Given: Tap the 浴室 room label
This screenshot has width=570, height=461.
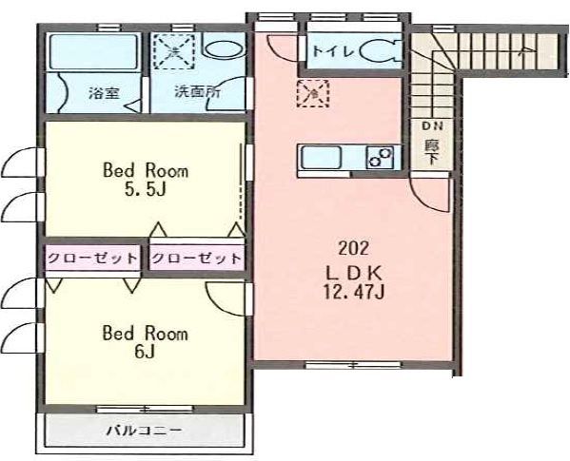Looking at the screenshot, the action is (104, 94).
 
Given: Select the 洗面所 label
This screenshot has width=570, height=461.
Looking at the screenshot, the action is (197, 92).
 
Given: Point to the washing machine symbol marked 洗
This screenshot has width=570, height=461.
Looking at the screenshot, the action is (174, 51).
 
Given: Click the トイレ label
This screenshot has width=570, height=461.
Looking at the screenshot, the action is (334, 51).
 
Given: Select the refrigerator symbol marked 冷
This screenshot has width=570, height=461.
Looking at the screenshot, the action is (313, 93).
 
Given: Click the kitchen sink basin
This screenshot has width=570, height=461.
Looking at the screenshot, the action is (321, 158).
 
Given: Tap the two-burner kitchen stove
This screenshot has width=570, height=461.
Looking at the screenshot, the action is (380, 158).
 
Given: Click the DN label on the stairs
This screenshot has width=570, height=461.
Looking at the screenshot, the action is (432, 126).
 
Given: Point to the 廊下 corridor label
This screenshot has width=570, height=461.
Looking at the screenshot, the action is (432, 153).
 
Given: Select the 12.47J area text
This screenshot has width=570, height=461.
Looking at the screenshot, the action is (354, 292).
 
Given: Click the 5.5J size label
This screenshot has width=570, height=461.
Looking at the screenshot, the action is (146, 189).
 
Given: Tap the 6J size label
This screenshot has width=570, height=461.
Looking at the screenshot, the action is (145, 351).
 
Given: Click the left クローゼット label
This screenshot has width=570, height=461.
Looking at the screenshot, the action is (92, 259).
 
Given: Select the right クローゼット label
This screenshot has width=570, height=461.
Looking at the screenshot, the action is (196, 259).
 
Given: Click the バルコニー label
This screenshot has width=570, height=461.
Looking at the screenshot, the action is (145, 431).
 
